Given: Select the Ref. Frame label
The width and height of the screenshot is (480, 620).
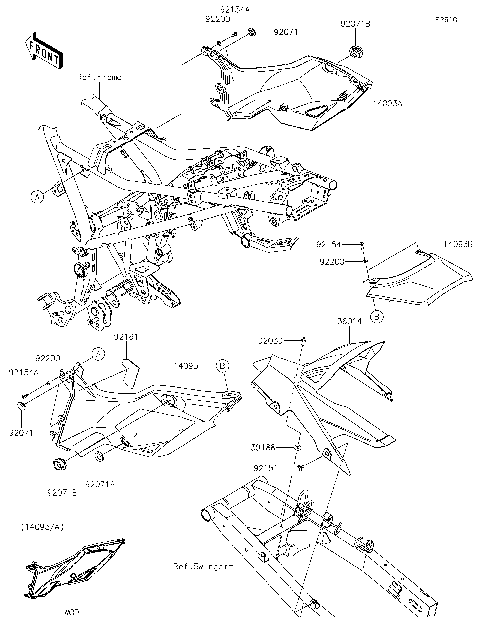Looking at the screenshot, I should tap(102, 75).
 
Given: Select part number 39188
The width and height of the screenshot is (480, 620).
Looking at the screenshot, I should tap(265, 447).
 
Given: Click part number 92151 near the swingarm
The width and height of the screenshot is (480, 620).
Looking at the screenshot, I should tap(265, 468).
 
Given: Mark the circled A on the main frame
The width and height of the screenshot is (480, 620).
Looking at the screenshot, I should tap(37, 197).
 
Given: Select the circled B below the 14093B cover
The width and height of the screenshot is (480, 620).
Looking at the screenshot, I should tap(376, 316).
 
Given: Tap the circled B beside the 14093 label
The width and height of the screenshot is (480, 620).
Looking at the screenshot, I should tap(223, 366).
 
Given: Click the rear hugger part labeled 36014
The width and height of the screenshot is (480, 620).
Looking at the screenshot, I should tap(330, 400).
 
